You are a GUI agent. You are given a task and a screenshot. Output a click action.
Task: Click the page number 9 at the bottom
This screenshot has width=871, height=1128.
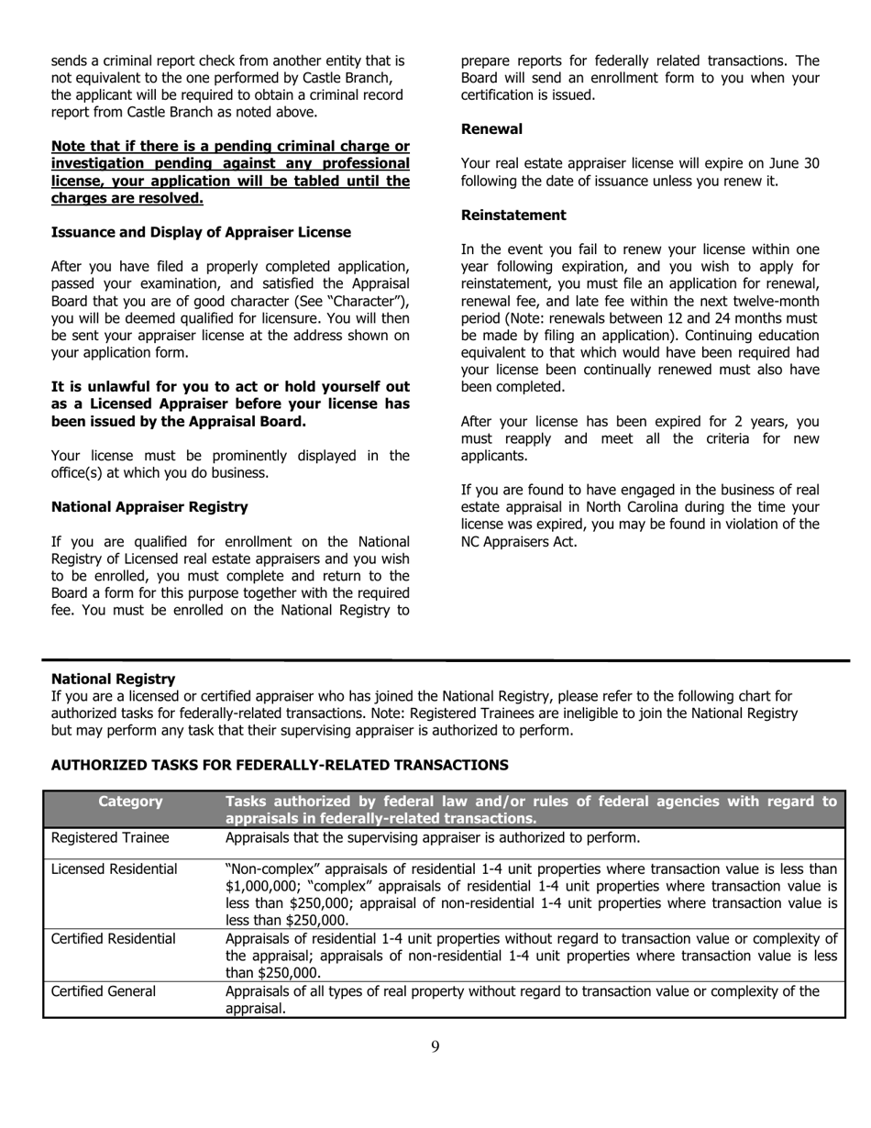(435, 1046)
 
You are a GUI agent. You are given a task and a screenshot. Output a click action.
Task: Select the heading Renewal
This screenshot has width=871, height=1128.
(491, 129)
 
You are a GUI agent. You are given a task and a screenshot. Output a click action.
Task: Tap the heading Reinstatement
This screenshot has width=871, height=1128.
(513, 215)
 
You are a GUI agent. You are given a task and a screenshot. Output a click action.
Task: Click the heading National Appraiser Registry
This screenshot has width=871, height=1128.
(149, 506)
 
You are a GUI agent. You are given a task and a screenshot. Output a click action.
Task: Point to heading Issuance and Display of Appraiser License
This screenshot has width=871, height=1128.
(201, 232)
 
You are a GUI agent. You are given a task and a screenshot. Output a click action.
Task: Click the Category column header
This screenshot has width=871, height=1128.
(130, 802)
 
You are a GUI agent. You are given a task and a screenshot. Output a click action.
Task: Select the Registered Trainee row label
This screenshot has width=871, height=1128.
(110, 837)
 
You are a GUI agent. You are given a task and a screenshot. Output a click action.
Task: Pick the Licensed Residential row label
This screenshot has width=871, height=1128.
(115, 868)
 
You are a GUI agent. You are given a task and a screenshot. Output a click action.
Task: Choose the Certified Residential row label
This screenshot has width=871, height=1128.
(114, 938)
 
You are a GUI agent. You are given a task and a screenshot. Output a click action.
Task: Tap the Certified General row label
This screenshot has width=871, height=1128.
(104, 990)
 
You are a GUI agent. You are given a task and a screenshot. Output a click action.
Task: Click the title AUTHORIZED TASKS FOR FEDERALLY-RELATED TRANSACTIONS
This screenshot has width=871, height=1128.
(280, 764)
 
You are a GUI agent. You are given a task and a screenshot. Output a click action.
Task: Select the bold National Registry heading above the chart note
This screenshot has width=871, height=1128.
(113, 679)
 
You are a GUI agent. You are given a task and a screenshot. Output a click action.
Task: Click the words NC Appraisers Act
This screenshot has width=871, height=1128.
(519, 541)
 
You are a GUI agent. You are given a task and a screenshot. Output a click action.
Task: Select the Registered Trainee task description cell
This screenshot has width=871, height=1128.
(432, 837)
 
